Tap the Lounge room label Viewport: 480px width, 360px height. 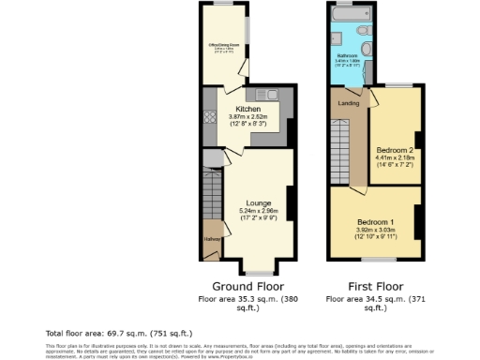(x=259, y=202)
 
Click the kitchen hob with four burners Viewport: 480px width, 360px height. (x=211, y=119)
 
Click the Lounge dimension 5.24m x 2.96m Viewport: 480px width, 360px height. (x=259, y=210)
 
